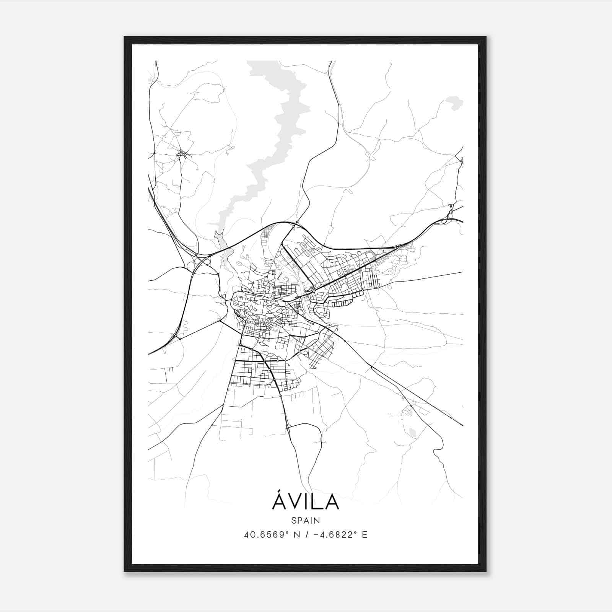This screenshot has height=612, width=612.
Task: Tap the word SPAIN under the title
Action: pos(305,520)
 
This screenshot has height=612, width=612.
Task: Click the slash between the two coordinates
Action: pos(306,535)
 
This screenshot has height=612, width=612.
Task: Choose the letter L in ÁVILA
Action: pos(317,502)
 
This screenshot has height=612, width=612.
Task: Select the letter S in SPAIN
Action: pos(293,520)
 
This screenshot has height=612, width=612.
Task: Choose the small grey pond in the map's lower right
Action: pos(412,432)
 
